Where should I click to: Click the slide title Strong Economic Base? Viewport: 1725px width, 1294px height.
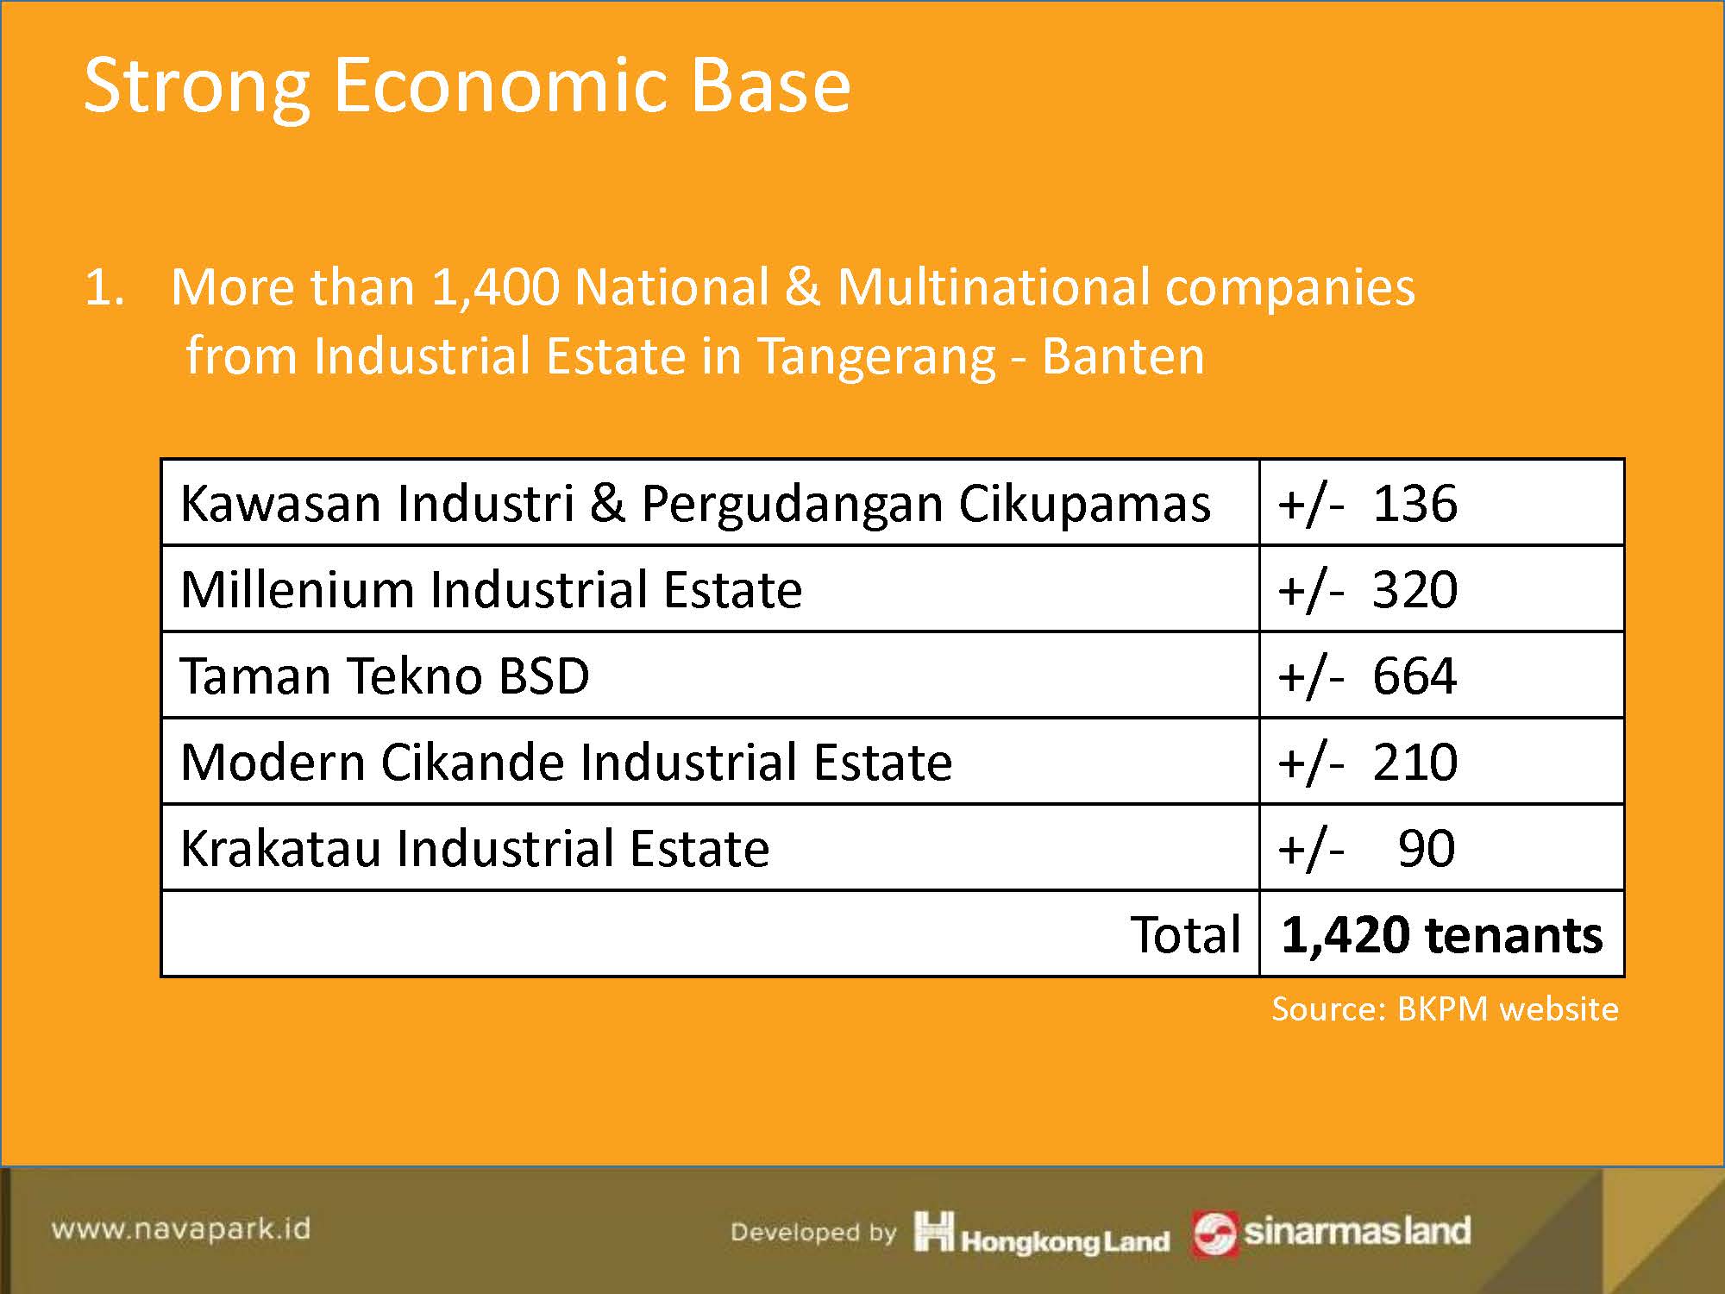[x=467, y=86]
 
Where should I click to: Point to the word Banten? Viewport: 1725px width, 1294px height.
[x=1123, y=355]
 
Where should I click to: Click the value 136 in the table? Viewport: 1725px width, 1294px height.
[x=1414, y=503]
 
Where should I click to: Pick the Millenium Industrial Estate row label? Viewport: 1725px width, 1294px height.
[x=492, y=590]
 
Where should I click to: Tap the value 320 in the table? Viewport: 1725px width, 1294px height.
[x=1414, y=589]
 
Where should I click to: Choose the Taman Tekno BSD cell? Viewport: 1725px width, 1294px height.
[x=385, y=675]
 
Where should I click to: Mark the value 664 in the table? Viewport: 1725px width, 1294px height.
[x=1414, y=675]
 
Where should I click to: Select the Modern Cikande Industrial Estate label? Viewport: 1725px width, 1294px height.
[x=567, y=762]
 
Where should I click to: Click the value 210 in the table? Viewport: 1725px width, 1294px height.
[x=1414, y=762]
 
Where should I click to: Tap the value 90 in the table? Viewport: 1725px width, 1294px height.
[x=1427, y=848]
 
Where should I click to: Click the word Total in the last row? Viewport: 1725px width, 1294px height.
[x=1186, y=934]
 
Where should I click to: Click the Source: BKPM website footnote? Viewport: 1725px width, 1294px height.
[x=1445, y=1009]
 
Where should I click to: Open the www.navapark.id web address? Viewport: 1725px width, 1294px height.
[x=181, y=1228]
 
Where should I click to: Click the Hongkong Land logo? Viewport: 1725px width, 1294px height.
[x=1042, y=1232]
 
